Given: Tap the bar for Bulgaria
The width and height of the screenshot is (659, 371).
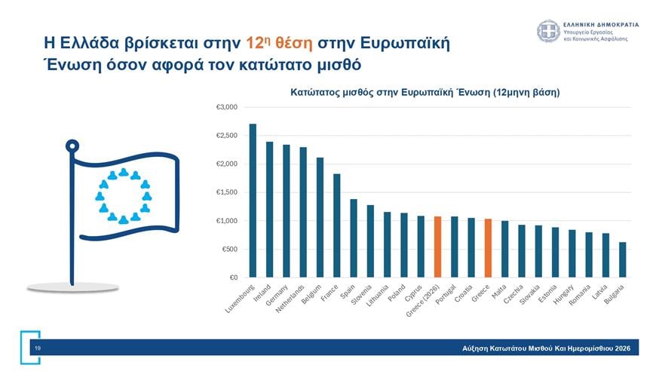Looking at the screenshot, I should click(622, 259).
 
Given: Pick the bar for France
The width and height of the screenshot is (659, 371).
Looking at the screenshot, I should click(337, 225).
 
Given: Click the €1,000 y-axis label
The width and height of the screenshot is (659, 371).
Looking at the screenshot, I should click(227, 221).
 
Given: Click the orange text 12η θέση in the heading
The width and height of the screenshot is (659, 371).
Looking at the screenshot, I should click(277, 41).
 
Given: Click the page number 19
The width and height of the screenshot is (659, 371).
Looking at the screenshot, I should click(37, 348).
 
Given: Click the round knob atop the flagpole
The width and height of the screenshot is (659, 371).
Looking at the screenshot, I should click(72, 145).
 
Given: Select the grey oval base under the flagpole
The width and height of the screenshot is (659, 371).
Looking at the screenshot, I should click(73, 286).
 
